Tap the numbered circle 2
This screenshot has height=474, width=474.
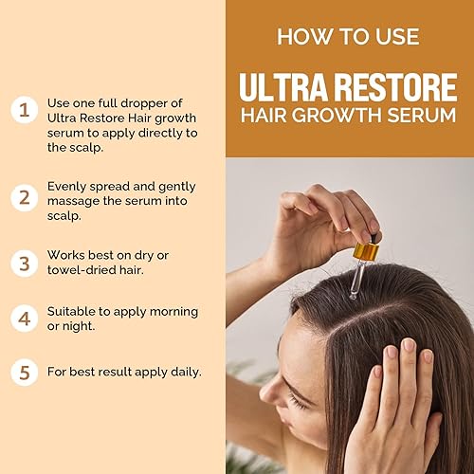point(23,197)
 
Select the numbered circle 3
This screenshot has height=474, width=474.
point(23,261)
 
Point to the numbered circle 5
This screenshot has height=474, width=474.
point(23,372)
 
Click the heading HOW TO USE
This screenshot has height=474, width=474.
point(349,37)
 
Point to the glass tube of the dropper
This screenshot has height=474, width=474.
point(357,281)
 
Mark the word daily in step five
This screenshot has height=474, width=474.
point(183,372)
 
